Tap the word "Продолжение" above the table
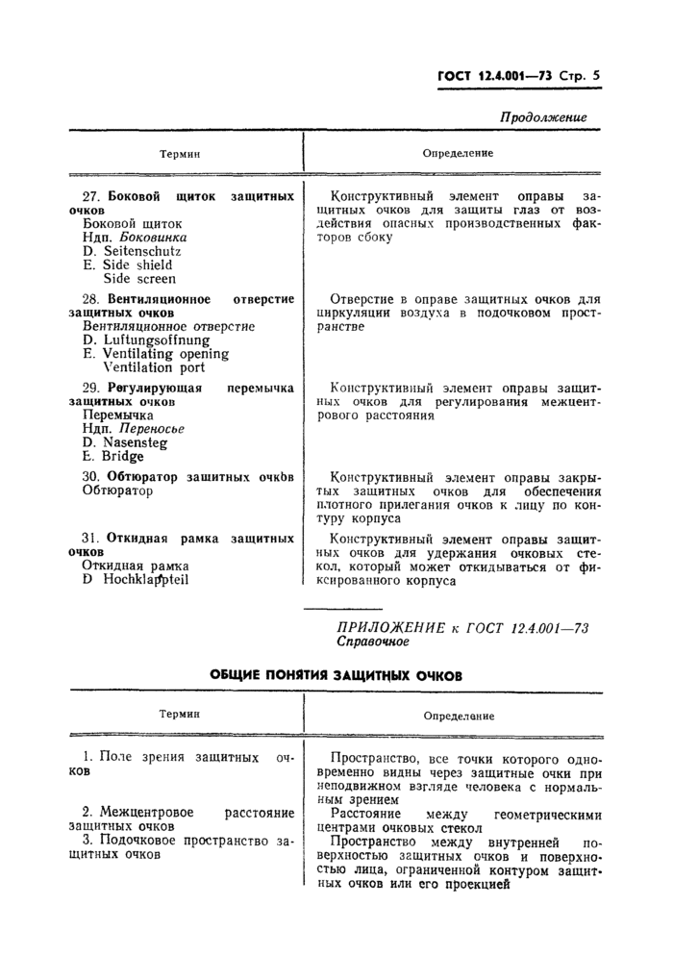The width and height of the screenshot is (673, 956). coord(543,117)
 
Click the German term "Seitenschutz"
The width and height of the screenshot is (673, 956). coord(142,251)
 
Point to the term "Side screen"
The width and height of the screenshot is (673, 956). coord(139,279)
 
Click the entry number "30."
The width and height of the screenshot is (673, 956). coord(92,476)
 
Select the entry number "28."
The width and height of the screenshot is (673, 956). coord(92,299)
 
